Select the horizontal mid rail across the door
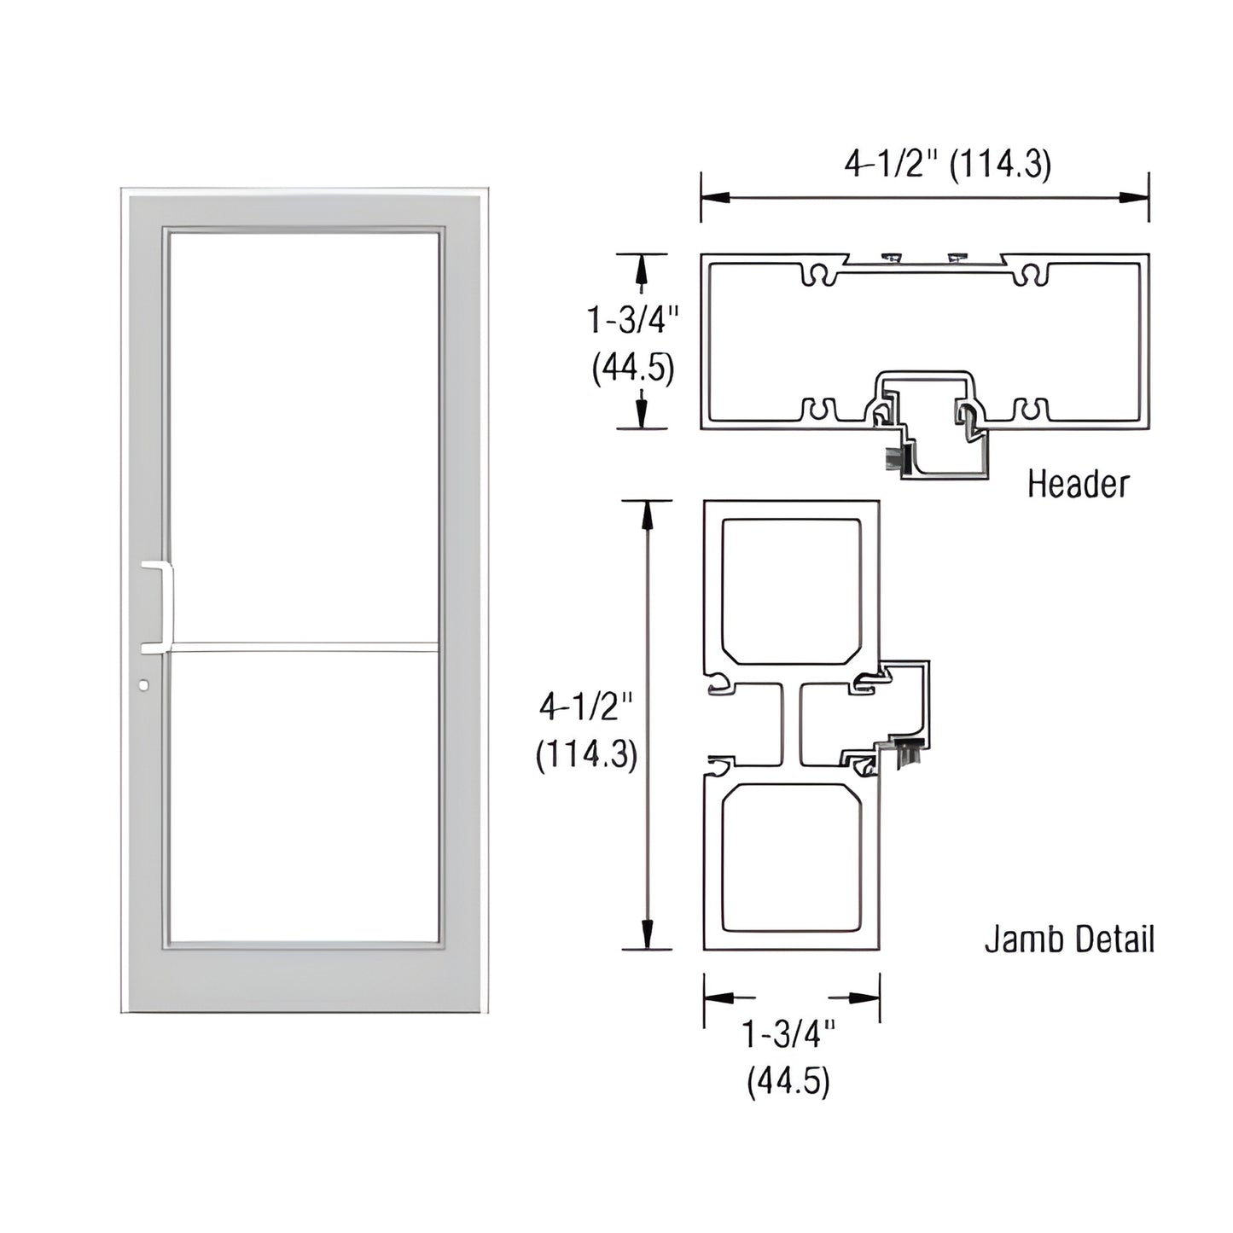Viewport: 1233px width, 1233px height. tap(305, 647)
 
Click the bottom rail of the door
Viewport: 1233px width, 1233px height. tap(305, 978)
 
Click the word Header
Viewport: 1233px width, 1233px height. tap(1077, 484)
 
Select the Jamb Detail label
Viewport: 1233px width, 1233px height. tap(1068, 939)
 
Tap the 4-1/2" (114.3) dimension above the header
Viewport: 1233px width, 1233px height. tap(947, 164)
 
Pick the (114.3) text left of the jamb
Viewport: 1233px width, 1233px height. tap(586, 755)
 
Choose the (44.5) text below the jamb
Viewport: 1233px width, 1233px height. tap(788, 1082)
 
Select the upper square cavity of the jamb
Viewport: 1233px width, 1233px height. tap(791, 590)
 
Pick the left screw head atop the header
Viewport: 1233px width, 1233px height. tap(892, 258)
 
